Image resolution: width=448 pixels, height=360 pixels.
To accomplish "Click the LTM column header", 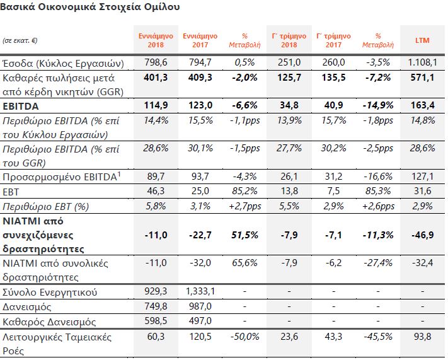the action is tap(422, 40).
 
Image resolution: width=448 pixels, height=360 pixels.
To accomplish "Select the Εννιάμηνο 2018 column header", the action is tap(156, 40).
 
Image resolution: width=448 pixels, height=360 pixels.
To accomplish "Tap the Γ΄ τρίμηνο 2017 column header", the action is tap(333, 40).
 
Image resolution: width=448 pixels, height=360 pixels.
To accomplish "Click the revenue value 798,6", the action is tap(156, 62).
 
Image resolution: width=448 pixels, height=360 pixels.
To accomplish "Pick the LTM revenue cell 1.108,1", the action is tap(422, 62).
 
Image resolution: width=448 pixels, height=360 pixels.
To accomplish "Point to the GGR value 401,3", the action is tap(156, 77).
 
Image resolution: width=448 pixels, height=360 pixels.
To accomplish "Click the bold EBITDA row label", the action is tap(21, 106).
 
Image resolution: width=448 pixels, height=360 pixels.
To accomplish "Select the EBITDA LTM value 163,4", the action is tap(422, 105).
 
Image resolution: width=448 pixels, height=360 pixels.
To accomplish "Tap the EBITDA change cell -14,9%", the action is tap(377, 105).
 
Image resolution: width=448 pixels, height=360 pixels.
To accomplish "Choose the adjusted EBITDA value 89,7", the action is tap(156, 176).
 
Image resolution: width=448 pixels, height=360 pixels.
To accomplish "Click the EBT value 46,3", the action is tap(156, 191).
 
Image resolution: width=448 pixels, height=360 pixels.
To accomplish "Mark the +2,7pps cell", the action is tap(245, 206).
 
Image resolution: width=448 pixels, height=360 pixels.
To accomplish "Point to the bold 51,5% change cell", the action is tap(245, 235).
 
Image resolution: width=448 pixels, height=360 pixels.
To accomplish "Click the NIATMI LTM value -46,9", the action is tap(422, 235).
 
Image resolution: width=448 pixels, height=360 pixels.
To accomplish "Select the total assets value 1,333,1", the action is tap(200, 291).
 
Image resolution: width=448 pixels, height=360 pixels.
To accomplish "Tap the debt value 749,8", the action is tap(156, 306).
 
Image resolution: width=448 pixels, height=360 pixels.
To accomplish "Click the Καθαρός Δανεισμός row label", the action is tap(49, 322).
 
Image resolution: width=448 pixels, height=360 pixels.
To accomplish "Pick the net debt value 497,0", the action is tap(200, 320).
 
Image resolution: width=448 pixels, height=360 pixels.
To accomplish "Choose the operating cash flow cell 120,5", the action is tap(200, 336).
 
